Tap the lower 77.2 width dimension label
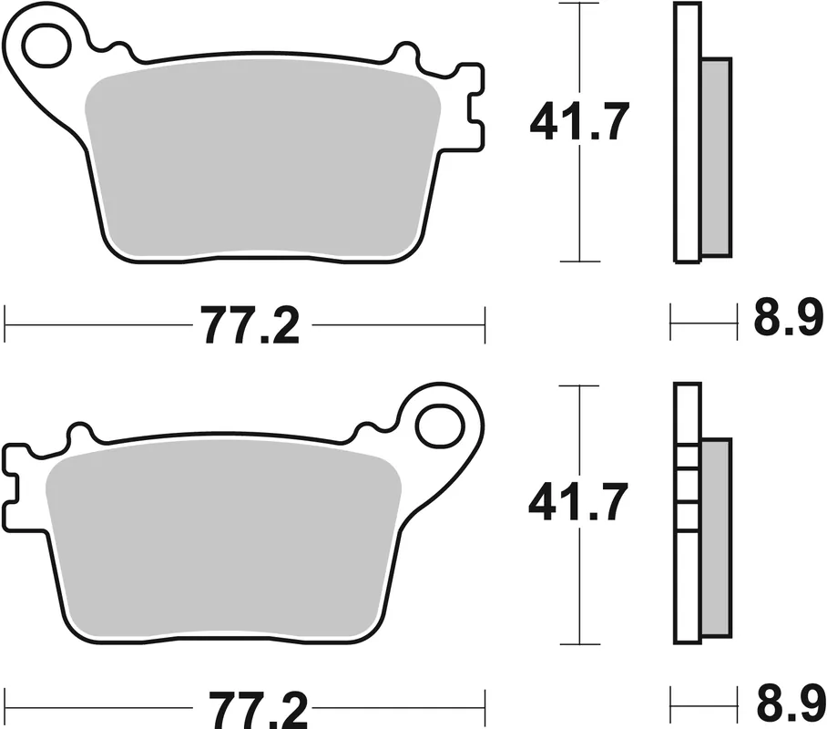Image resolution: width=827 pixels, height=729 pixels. click(x=250, y=706)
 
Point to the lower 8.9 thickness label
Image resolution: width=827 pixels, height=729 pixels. click(x=788, y=703)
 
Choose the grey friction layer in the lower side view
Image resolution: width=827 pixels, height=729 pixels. click(x=717, y=538)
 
